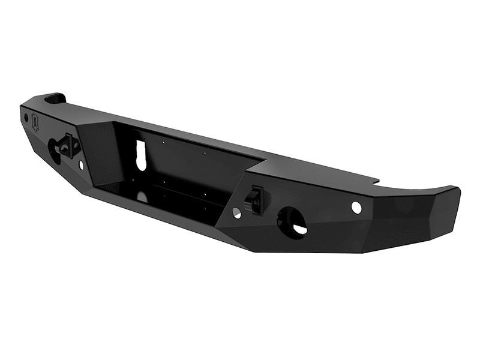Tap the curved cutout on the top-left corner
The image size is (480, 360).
coord(54,97)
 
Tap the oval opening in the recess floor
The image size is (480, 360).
coord(142,196)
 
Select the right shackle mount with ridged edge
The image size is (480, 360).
coord(255,199)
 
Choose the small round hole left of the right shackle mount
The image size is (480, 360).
coord(236,212)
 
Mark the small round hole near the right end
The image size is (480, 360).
coord(356,208)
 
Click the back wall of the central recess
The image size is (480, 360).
coord(180,162)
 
